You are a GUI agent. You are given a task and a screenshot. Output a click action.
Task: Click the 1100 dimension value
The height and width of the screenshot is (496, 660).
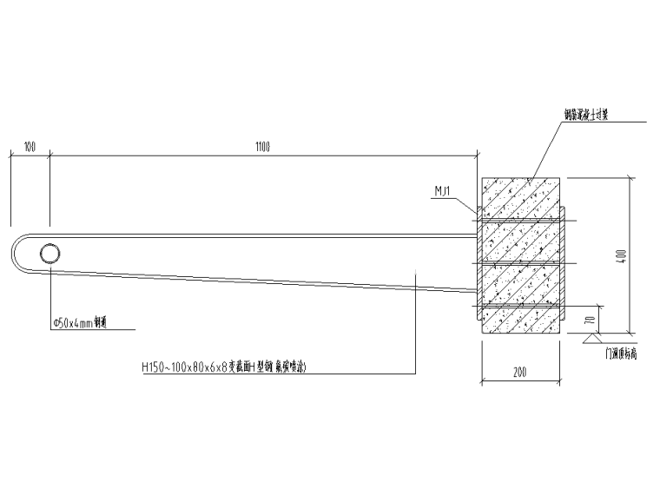point(262,147)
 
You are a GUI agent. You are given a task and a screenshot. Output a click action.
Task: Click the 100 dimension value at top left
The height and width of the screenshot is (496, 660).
point(30,147)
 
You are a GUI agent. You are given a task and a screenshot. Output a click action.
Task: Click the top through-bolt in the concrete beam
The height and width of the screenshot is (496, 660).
point(521,222)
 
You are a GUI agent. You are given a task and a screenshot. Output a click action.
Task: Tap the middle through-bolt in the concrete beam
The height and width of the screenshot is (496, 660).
point(521,263)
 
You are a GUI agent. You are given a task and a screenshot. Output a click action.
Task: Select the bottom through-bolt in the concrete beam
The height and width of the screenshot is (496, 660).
point(521,306)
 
